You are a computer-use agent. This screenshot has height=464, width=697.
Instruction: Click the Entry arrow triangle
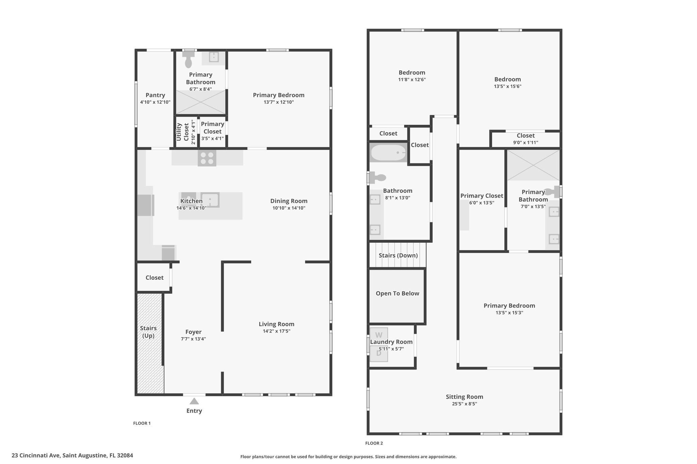click(194, 401)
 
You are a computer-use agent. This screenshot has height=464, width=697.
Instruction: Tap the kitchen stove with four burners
click(207, 158)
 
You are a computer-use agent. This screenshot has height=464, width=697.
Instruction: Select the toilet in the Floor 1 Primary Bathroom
click(188, 59)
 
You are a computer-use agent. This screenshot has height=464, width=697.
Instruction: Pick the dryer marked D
click(379, 354)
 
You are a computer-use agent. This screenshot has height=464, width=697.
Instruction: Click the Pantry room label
click(155, 95)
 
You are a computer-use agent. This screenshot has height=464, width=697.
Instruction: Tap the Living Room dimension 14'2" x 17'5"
click(276, 331)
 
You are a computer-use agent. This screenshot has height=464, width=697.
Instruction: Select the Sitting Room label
click(465, 397)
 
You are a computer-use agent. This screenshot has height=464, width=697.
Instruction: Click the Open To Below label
click(398, 293)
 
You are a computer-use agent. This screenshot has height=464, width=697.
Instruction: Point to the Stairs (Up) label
click(148, 332)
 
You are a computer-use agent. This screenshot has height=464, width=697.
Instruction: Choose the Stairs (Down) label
click(398, 255)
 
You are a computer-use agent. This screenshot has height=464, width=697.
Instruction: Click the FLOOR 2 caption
click(374, 443)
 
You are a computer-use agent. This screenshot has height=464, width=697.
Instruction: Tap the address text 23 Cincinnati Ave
click(36, 456)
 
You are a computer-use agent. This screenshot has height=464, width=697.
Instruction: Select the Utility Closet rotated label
click(183, 132)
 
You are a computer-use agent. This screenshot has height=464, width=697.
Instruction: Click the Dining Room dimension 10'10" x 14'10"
click(289, 208)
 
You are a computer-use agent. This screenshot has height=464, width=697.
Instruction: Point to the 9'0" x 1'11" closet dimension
click(525, 143)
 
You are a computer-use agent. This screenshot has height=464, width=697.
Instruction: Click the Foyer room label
click(193, 332)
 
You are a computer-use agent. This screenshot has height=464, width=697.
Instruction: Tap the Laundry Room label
click(391, 342)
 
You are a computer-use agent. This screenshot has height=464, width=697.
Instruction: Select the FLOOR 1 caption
click(142, 423)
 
